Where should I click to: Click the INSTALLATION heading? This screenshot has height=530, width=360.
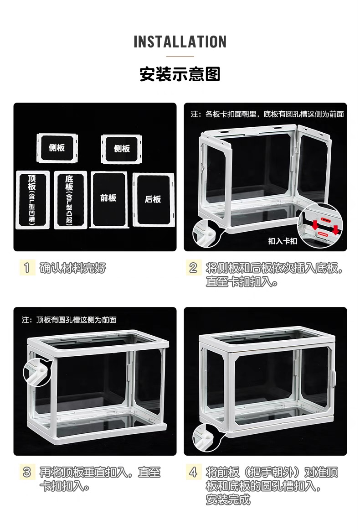point(180,42)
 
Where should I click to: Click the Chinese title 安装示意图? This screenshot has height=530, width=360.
point(180,74)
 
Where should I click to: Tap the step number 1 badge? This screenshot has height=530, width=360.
point(27,268)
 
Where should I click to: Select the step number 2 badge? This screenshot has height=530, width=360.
point(193,268)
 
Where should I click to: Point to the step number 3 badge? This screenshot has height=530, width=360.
point(27,472)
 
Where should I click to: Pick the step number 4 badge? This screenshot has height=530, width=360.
point(193,472)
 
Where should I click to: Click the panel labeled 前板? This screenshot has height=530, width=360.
point(109,199)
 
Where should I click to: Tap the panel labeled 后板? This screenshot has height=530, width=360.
point(153,199)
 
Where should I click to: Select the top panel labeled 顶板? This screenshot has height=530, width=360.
point(32,200)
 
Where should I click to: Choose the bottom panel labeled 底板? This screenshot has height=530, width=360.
point(70,200)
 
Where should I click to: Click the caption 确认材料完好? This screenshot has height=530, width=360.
point(72,268)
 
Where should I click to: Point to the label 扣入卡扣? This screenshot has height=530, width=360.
point(283,241)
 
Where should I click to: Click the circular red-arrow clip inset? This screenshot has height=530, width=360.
point(320,226)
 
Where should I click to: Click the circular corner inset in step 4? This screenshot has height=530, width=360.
point(206,438)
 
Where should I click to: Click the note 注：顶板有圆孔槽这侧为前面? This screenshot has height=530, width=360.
point(69,320)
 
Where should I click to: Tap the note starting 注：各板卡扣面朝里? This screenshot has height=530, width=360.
point(267,114)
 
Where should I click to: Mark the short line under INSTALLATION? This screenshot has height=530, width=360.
point(180,57)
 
